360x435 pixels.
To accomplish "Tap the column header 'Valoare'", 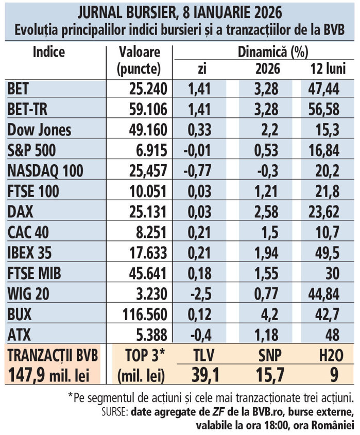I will pos(139,52).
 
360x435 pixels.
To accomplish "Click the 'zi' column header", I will pos(202,69).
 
